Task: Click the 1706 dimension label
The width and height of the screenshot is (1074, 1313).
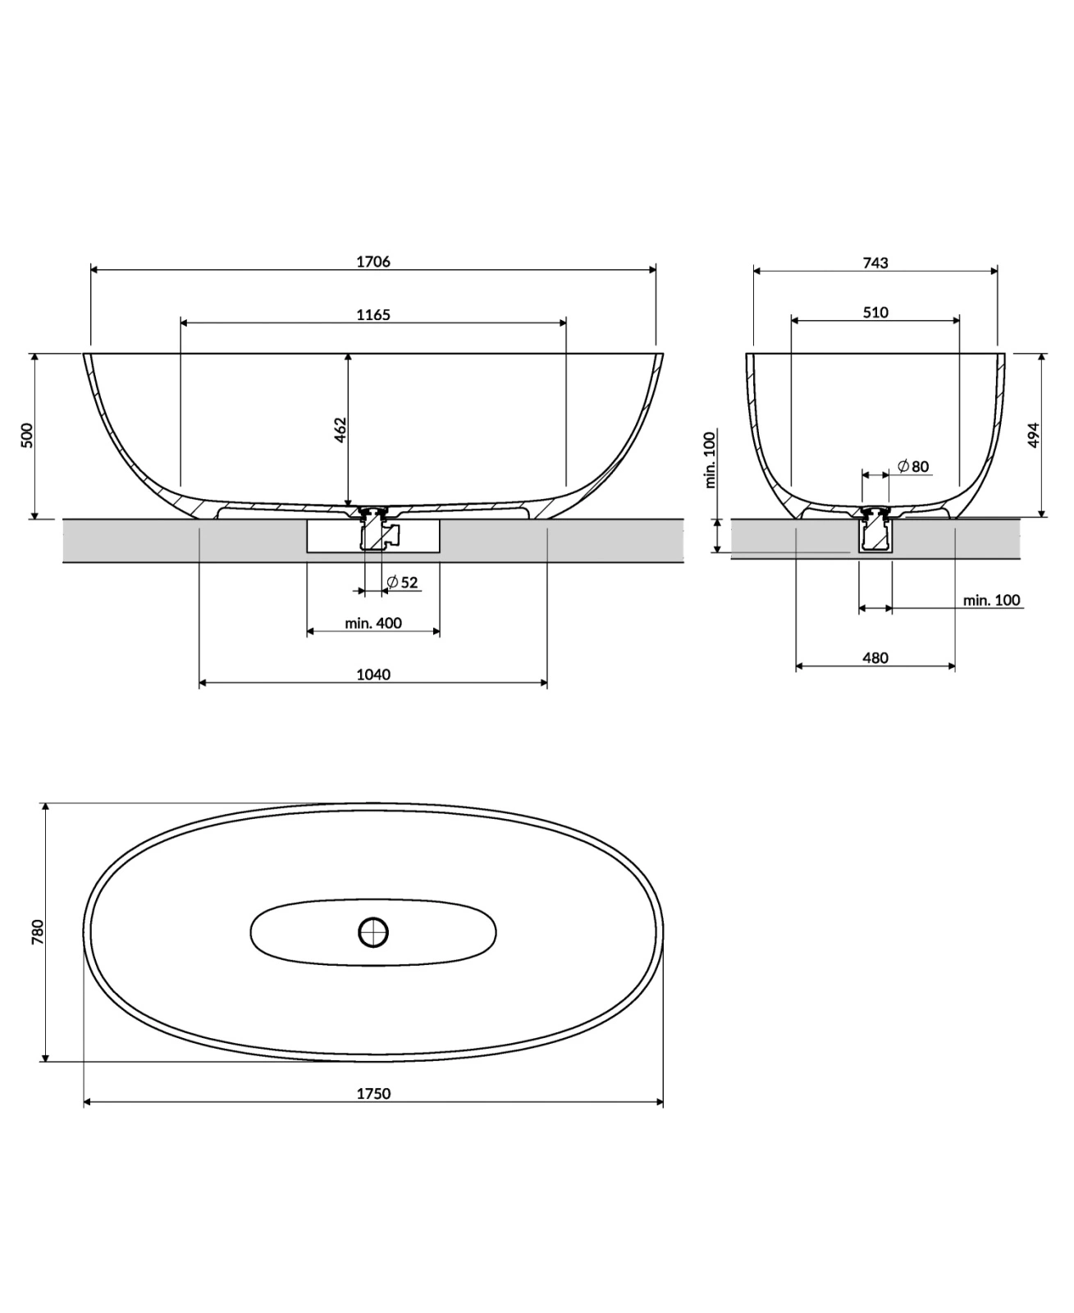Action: click(x=373, y=262)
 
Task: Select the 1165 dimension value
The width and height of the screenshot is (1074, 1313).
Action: click(x=373, y=315)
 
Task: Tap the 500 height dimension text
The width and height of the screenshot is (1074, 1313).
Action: click(x=27, y=435)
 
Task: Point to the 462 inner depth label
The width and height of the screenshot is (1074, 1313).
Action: click(x=340, y=430)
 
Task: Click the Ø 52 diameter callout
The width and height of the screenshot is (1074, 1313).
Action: click(x=402, y=582)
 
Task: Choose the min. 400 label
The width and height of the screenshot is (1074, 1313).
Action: click(x=373, y=623)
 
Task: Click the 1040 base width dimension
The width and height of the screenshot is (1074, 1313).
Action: click(x=373, y=675)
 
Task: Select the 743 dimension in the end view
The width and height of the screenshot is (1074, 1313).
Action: click(x=875, y=263)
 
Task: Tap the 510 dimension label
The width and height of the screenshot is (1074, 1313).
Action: click(x=875, y=312)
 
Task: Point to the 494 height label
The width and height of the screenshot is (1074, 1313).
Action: click(x=1033, y=435)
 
